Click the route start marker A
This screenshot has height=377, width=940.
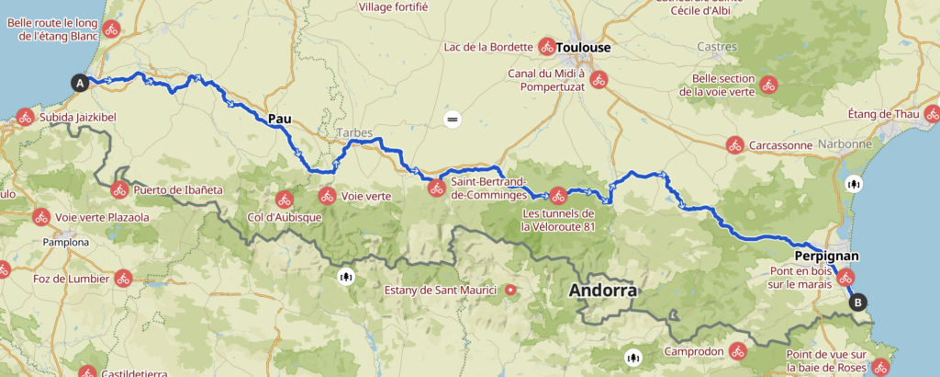coord(80,84)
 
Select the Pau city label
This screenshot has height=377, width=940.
coord(279,119)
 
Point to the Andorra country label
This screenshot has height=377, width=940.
coord(602,291)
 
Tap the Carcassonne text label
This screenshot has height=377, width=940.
coord(781,145)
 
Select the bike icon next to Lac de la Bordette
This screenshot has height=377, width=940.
coord(547,46)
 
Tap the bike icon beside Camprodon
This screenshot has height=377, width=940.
coord(738,350)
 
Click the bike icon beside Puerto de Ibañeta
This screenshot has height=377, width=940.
coord(119,191)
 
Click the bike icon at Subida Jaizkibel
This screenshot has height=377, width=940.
coord(24,118)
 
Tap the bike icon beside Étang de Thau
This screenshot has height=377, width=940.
coord(933,115)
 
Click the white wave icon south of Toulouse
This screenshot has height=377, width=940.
coord(452,120)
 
